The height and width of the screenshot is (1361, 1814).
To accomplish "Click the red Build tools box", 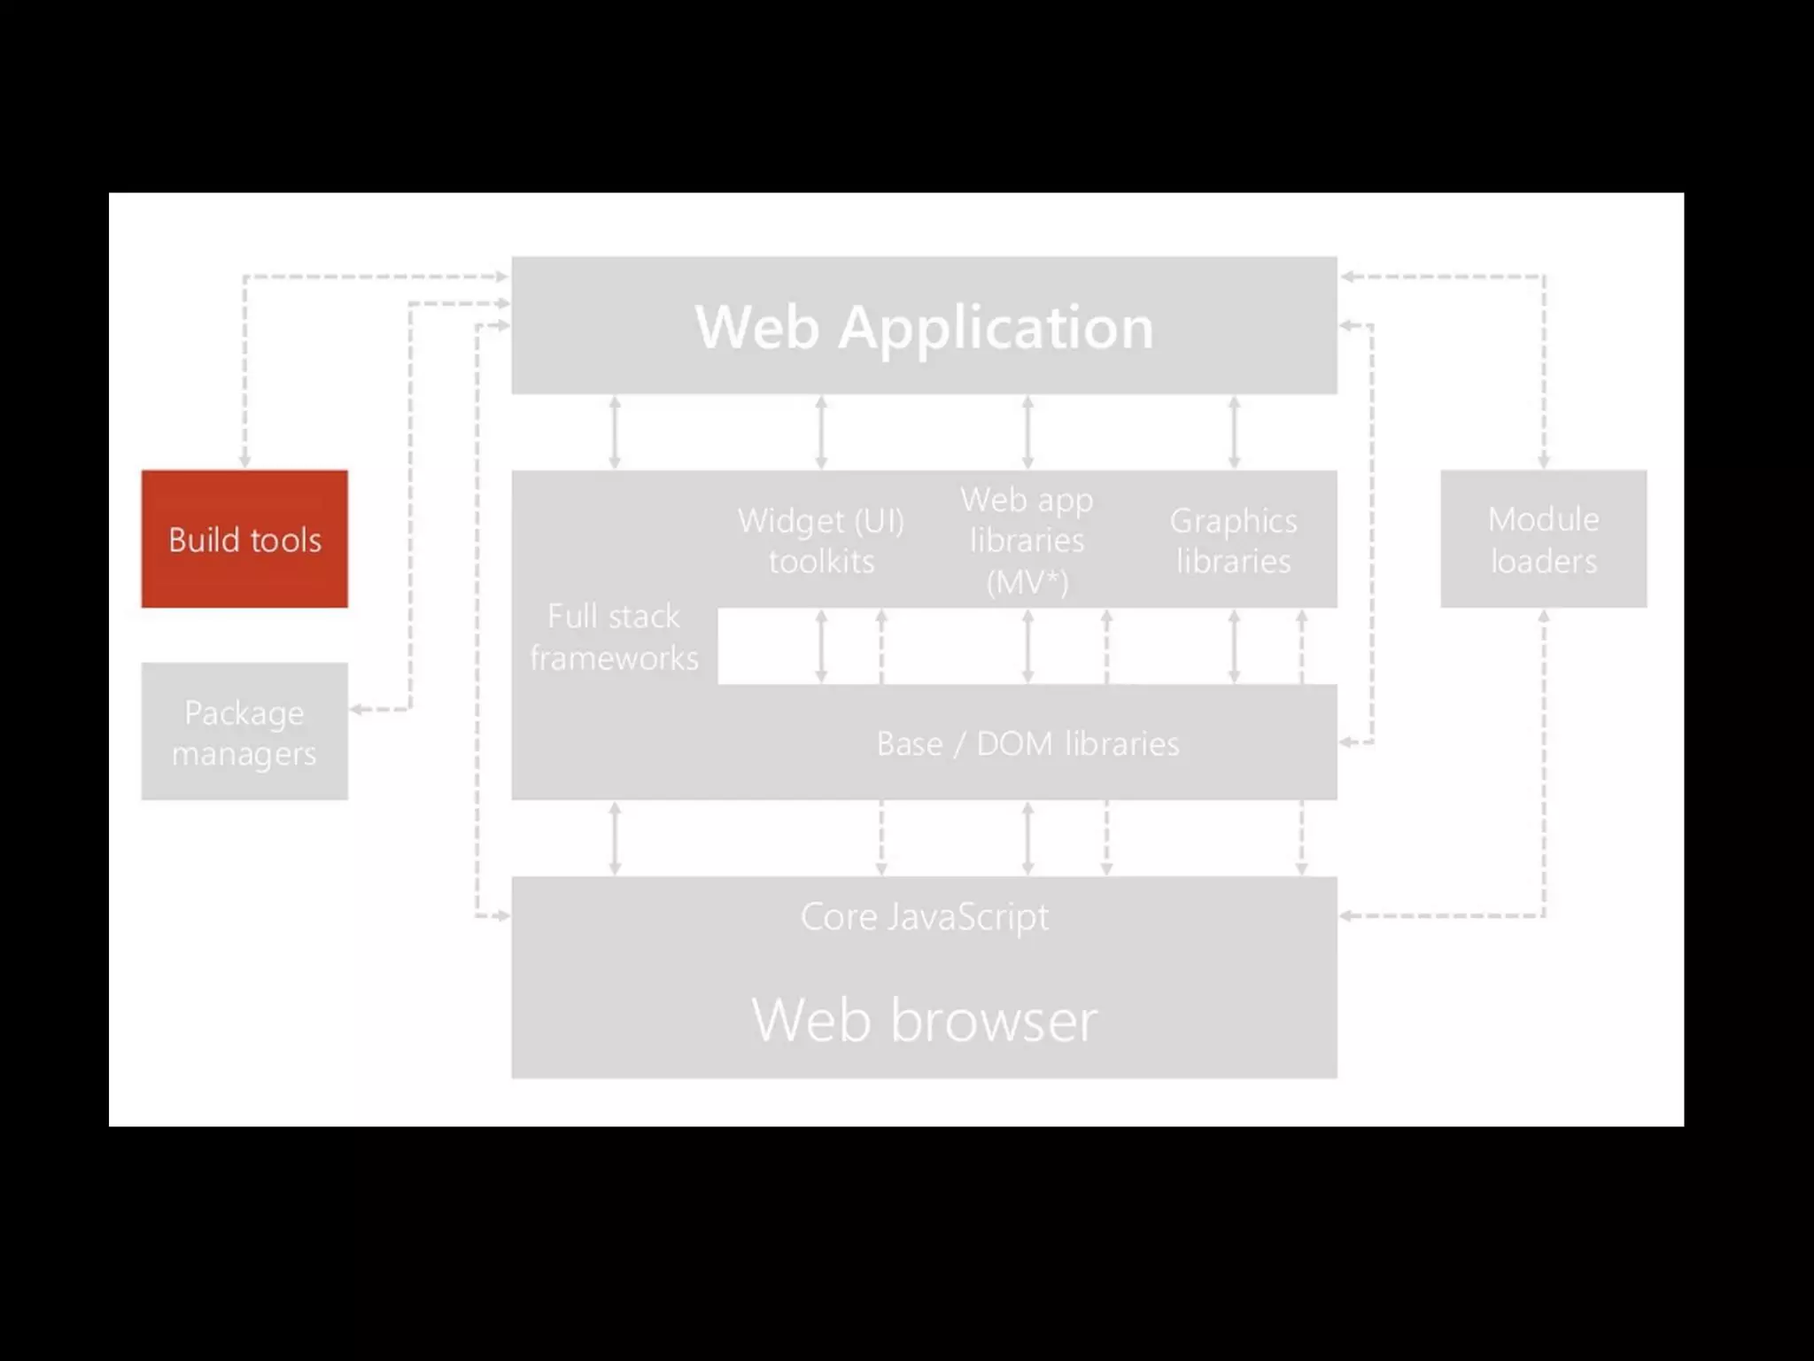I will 244,539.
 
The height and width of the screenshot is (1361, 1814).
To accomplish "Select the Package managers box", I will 244,732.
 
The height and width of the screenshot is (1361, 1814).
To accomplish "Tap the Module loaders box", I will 1543,539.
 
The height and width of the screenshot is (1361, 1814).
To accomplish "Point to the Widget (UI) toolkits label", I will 821,541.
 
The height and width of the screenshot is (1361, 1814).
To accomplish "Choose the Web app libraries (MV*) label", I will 1027,541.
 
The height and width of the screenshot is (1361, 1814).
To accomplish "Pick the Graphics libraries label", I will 1233,541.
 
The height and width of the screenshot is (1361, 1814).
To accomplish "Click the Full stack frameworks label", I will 614,637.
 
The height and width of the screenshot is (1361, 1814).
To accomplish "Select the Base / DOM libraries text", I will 1027,743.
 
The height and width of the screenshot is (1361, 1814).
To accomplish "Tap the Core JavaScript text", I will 924,916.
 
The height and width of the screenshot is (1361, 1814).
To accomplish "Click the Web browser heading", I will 924,1020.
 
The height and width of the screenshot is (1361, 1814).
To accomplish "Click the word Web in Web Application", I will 756,328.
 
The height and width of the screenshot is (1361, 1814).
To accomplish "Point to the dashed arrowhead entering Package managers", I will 357,709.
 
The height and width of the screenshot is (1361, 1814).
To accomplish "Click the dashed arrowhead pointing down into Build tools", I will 244,462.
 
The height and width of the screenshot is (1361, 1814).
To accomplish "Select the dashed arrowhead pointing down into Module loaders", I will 1543,462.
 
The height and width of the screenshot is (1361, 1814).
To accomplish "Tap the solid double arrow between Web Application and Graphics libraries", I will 1234,432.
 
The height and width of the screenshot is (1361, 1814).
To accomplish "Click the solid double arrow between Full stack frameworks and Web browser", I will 615,838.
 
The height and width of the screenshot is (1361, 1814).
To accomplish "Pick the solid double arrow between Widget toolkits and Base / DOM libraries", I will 821,646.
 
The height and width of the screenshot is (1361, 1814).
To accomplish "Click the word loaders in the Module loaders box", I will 1543,561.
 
